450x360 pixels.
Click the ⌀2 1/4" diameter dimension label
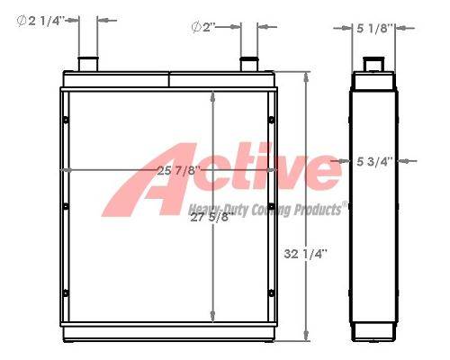coord(40,21)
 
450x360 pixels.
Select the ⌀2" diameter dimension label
coord(203,28)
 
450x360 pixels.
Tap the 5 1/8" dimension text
coord(374,29)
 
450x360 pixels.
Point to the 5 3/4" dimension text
coord(374,162)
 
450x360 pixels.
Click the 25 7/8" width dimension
coord(178,171)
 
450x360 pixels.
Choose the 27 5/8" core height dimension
coord(211,217)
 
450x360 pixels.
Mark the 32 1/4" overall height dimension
coord(305,254)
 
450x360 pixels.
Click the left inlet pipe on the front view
coord(88,64)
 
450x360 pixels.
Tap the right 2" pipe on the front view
coord(249,64)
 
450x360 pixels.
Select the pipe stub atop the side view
coord(373,64)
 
